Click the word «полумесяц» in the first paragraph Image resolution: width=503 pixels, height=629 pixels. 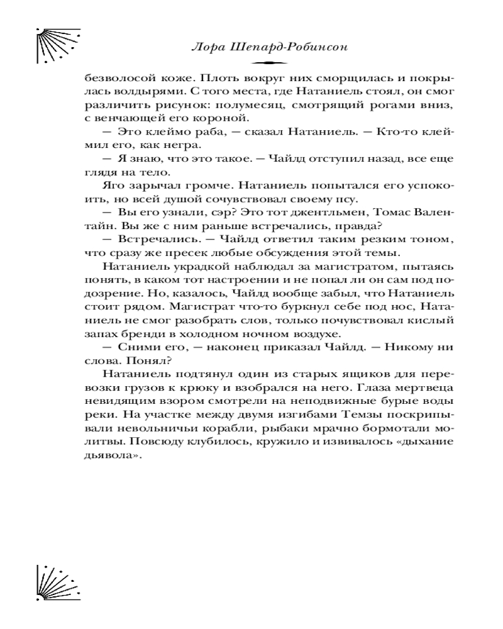click(x=247, y=104)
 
